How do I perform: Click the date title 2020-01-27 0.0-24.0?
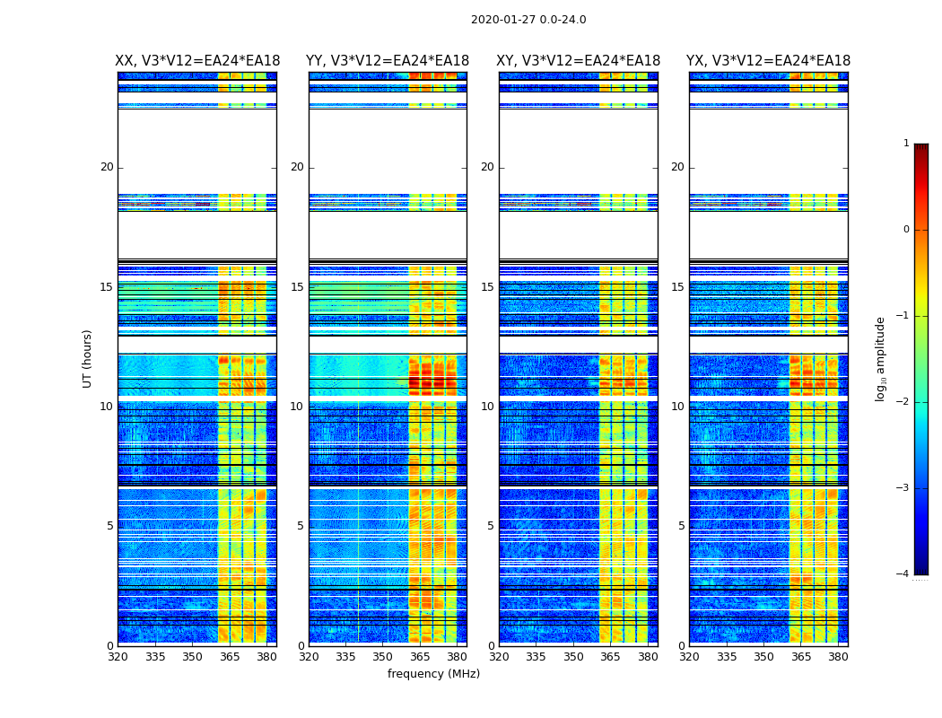(528, 20)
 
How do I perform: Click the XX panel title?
(197, 61)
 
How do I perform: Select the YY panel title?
(388, 61)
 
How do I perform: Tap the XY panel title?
(579, 61)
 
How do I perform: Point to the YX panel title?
(769, 61)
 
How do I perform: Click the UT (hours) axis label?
(88, 358)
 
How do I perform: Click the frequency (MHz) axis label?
(433, 674)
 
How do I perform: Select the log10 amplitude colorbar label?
(881, 358)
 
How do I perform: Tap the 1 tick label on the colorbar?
(906, 144)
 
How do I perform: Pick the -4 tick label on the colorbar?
(903, 574)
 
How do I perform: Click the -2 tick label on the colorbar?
(903, 402)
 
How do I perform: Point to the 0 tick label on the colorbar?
(906, 230)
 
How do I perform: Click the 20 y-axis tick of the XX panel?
(107, 167)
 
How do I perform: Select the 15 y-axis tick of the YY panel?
(297, 287)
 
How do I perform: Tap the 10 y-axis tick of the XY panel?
(487, 407)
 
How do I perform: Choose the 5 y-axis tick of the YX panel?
(681, 526)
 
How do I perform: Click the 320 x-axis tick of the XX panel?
(118, 657)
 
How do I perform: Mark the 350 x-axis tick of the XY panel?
(573, 657)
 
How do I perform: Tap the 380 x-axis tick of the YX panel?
(838, 657)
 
